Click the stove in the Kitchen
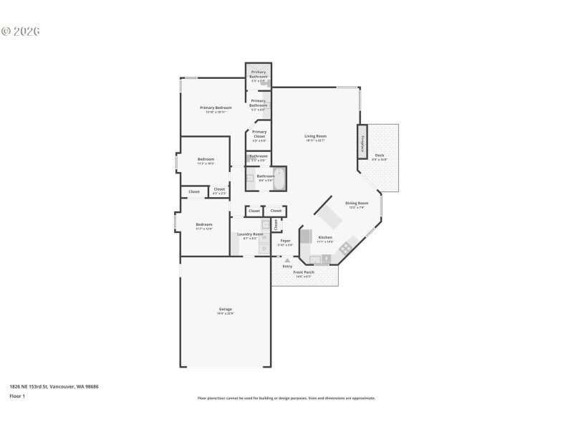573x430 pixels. click(x=346, y=248)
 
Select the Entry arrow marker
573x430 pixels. click(x=287, y=259)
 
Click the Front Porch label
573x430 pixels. click(x=304, y=272)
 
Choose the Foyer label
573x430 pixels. click(x=285, y=242)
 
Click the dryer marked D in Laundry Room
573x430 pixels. click(x=264, y=248)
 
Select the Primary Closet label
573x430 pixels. click(x=259, y=134)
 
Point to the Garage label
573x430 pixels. click(x=225, y=310)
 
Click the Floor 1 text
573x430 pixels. click(x=17, y=396)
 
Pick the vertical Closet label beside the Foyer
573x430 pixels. click(x=276, y=224)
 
